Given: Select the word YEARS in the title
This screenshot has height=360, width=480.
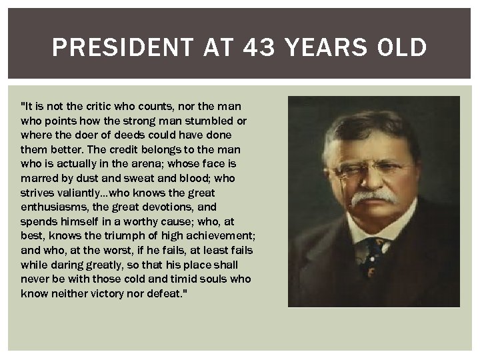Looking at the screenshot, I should coord(327,48).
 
